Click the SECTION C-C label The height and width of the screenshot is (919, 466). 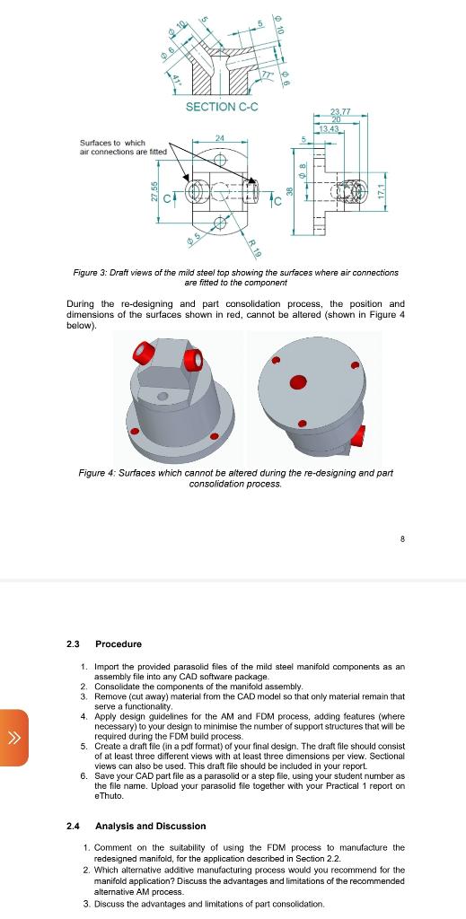click(221, 108)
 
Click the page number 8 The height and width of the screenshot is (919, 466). click(403, 539)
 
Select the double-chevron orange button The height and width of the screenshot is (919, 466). click(14, 738)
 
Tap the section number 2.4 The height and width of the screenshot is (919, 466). click(73, 826)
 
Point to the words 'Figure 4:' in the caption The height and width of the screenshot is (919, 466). click(96, 473)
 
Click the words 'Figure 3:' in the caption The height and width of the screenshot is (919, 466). click(92, 272)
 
